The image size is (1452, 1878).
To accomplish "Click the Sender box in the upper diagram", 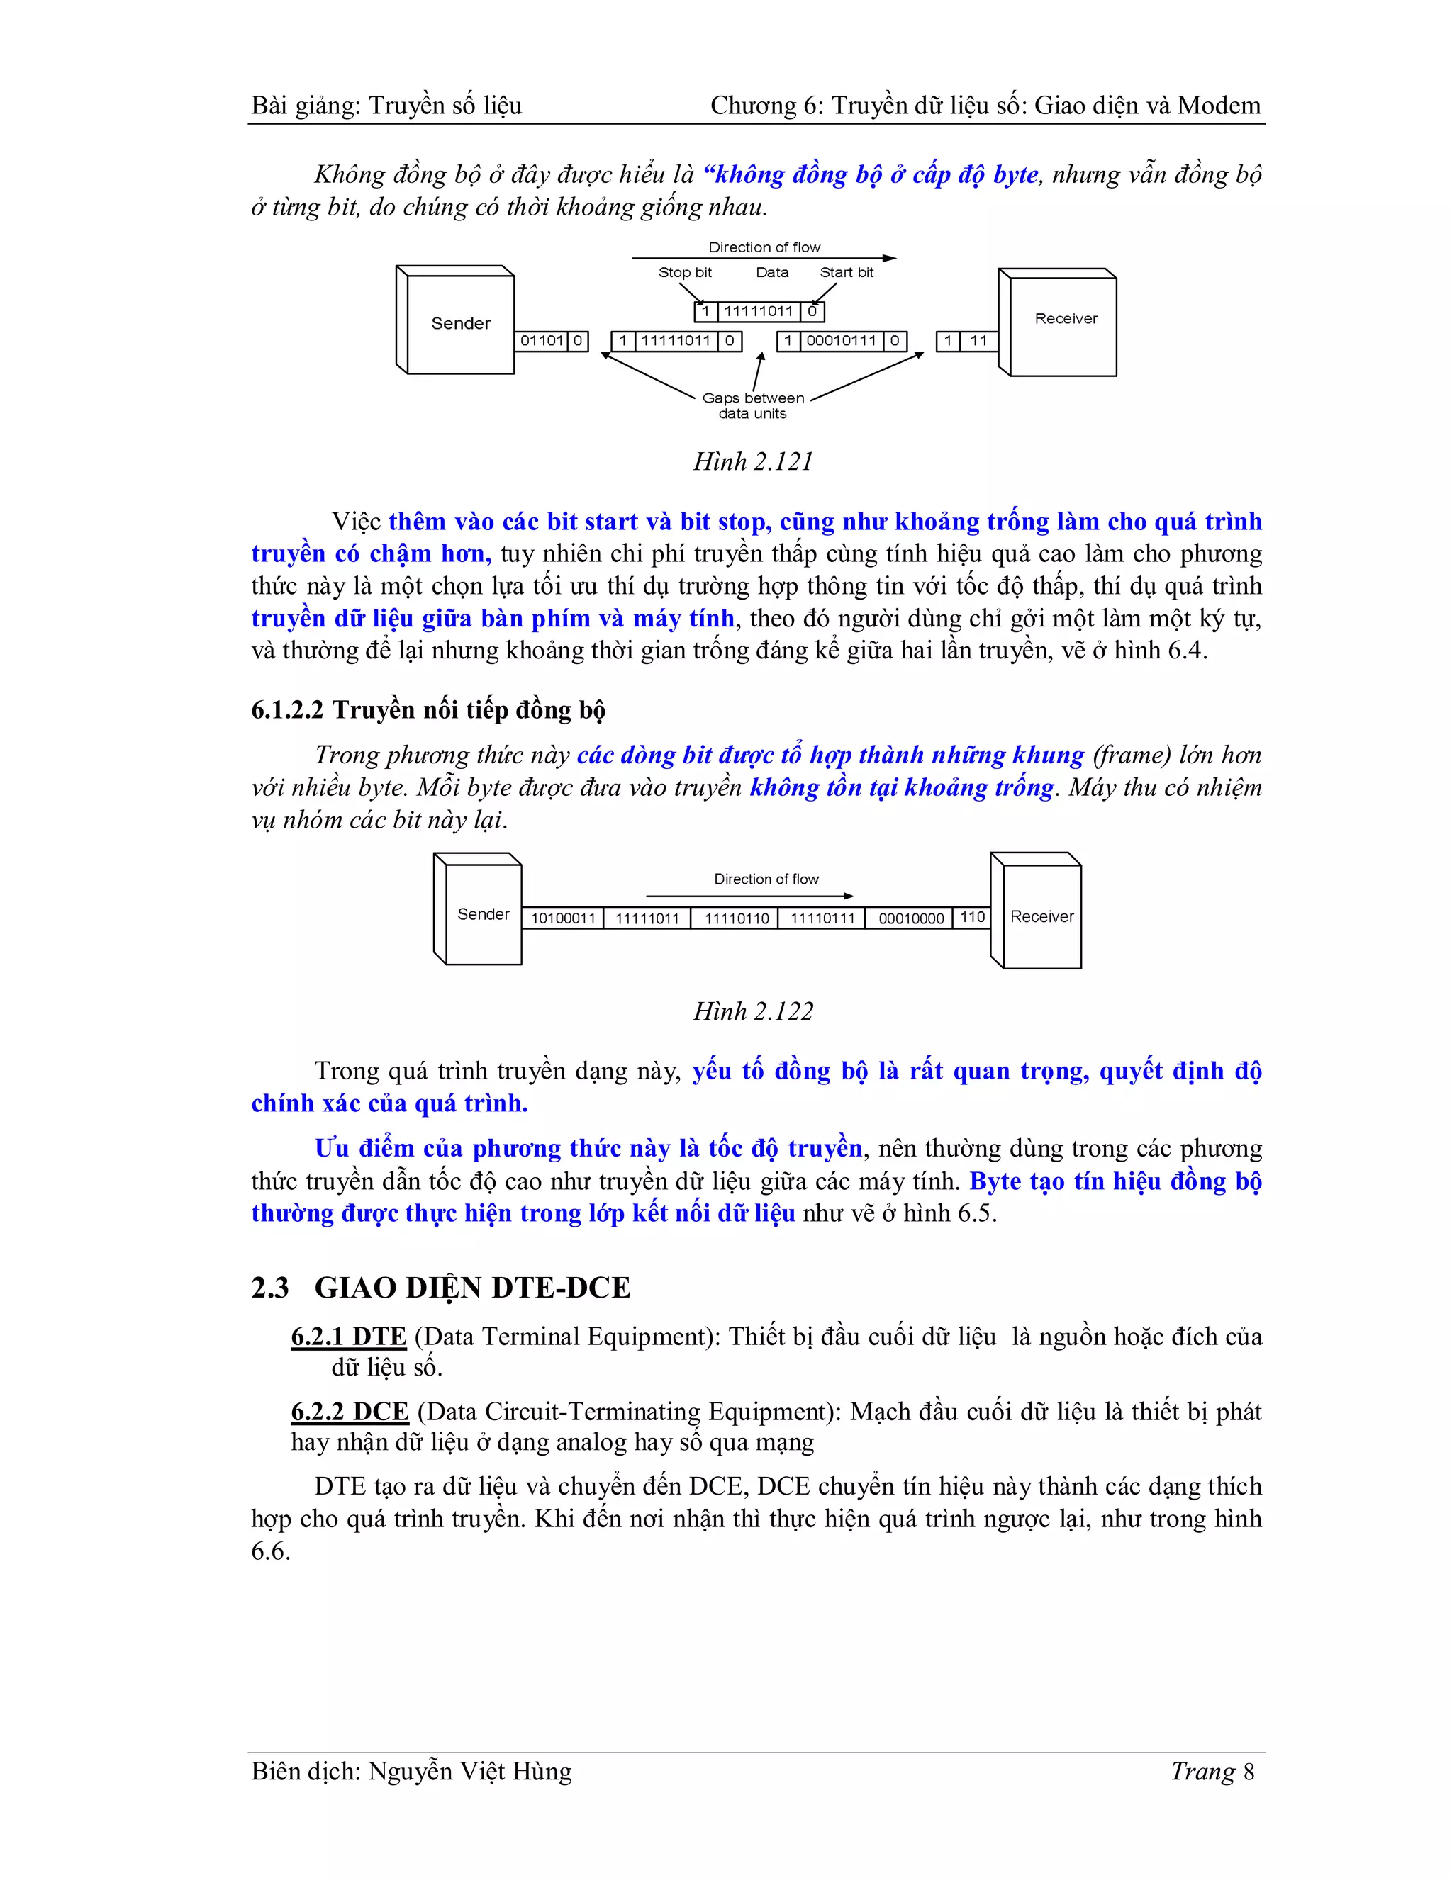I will click(460, 323).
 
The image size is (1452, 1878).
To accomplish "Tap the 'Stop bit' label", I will click(685, 273).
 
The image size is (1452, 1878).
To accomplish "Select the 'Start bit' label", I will click(847, 273).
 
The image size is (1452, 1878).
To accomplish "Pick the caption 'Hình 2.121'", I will click(753, 462).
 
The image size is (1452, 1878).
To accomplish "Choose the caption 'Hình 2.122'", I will click(753, 1011).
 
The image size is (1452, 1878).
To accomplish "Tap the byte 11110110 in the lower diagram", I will click(737, 918).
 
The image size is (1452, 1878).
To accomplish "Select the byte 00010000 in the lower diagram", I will click(910, 918).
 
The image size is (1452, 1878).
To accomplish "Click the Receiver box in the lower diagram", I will click(1041, 916).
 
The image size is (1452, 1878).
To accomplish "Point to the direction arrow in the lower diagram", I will click(749, 896).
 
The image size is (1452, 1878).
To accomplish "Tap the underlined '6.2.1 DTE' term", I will click(348, 1337).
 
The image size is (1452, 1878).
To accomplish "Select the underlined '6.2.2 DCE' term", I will click(350, 1412).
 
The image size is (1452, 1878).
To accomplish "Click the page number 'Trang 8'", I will click(1212, 1772).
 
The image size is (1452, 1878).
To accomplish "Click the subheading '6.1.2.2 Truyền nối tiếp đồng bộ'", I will click(428, 709).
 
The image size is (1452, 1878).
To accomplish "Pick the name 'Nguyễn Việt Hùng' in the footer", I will click(469, 1772).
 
